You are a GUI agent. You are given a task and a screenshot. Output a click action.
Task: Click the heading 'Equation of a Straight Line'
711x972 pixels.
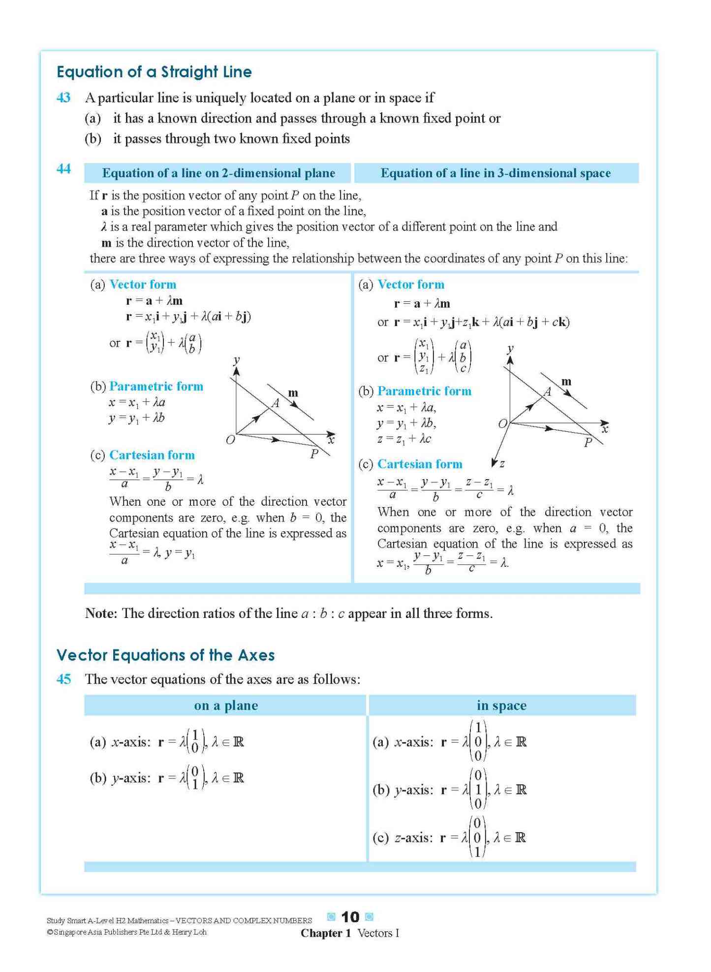(x=154, y=72)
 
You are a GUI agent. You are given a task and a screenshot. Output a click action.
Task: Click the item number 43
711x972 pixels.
(x=63, y=97)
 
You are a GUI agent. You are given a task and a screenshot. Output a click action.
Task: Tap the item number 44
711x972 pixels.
(x=63, y=169)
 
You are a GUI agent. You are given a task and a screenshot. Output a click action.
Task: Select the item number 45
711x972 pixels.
(x=63, y=679)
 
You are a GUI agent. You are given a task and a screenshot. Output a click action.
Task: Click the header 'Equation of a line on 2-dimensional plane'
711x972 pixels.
(x=218, y=173)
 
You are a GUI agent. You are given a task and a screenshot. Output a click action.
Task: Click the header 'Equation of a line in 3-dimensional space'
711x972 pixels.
(x=495, y=173)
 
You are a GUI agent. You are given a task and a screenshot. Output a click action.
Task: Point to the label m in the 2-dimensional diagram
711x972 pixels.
(x=293, y=393)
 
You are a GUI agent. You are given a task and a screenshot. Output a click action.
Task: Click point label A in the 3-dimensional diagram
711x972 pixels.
(x=547, y=392)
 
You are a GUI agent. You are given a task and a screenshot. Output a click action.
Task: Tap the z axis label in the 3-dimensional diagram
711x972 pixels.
(x=502, y=463)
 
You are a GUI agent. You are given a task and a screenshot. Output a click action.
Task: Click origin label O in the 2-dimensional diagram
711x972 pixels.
(x=230, y=440)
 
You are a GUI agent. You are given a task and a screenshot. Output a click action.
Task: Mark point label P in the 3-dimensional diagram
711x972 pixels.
(x=587, y=443)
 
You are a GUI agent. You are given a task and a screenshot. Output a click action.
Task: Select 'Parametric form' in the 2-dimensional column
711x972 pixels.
(x=156, y=386)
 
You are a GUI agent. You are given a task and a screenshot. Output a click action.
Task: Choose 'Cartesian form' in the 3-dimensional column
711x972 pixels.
(x=420, y=464)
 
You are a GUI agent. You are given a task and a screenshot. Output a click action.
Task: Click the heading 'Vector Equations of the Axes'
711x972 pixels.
(x=165, y=655)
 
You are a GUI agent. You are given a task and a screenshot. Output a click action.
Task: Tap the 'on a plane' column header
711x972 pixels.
(x=226, y=706)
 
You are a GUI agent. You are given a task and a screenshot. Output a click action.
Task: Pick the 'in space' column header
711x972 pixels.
(x=501, y=706)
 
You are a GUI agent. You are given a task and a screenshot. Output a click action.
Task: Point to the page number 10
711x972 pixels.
(x=350, y=917)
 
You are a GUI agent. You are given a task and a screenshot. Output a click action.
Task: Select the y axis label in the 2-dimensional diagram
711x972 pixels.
(x=237, y=360)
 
